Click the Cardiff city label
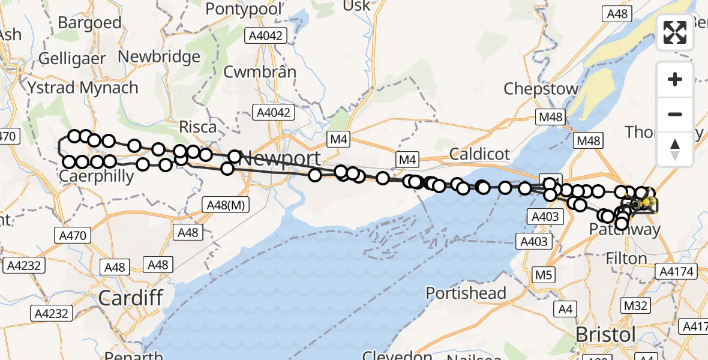[130, 297]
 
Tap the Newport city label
[279, 160]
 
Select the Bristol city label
[605, 334]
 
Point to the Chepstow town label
[541, 89]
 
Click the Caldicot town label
[479, 154]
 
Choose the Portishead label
[466, 293]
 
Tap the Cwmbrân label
[260, 72]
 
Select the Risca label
[198, 127]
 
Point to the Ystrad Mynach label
[83, 88]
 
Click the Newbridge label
[160, 57]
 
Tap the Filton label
[626, 259]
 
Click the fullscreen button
[675, 32]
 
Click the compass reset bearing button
[675, 149]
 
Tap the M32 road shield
[635, 305]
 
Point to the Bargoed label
[90, 23]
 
